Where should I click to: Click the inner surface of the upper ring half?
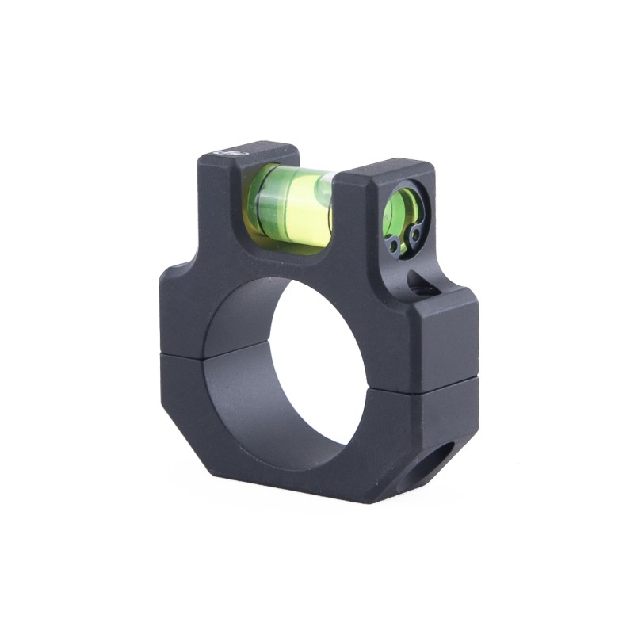(246, 313)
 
